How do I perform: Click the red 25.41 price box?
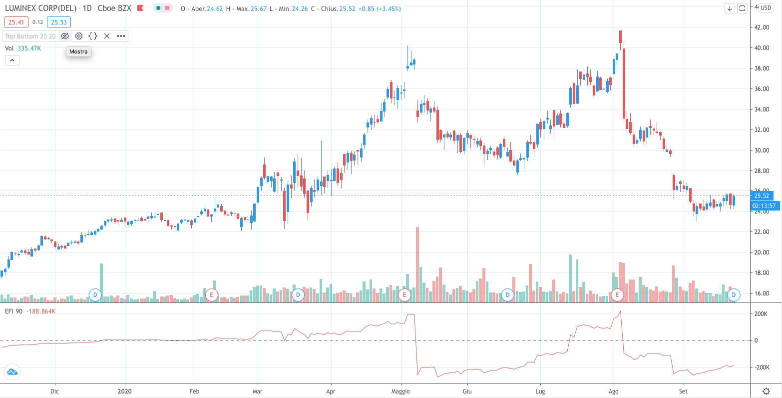coord(16,22)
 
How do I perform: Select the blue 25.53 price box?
coord(58,22)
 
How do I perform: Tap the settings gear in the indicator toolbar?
coord(79,36)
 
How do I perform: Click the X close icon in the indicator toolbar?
coord(107,36)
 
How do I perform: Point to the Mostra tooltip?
coord(78,51)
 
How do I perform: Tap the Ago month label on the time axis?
coord(614,391)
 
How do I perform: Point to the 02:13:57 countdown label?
coord(763,205)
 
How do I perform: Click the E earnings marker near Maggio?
coord(404,295)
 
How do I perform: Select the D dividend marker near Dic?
coord(95,295)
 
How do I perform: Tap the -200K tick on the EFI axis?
coord(761,367)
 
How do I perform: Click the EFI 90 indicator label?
coord(13,311)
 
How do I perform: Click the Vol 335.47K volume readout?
coord(23,48)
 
